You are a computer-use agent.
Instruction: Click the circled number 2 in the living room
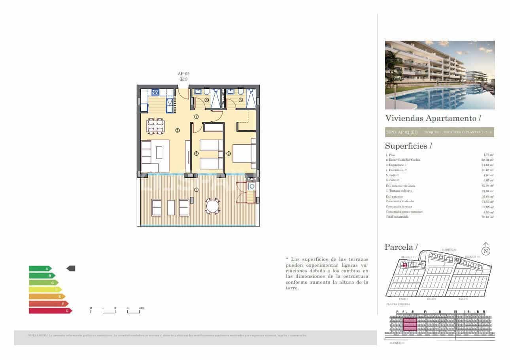tap(178, 130)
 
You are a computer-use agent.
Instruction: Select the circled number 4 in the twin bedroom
tap(196, 153)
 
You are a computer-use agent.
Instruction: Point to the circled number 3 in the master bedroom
tap(229, 153)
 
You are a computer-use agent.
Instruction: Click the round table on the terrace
tap(213, 206)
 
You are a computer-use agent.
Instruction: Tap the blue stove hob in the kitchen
tap(155, 92)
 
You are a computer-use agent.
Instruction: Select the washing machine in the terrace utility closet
tap(251, 186)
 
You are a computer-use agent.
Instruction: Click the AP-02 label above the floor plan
tap(183, 74)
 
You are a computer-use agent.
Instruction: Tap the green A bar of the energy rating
tap(40, 268)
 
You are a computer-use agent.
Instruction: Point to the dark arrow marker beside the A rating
tap(71, 268)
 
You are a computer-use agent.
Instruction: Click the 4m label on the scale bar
tap(141, 307)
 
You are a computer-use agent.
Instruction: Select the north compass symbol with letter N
tap(486, 251)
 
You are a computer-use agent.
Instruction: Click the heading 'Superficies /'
tap(408, 146)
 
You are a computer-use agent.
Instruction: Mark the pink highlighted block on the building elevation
tap(410, 325)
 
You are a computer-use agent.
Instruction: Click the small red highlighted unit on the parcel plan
tap(404, 265)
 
